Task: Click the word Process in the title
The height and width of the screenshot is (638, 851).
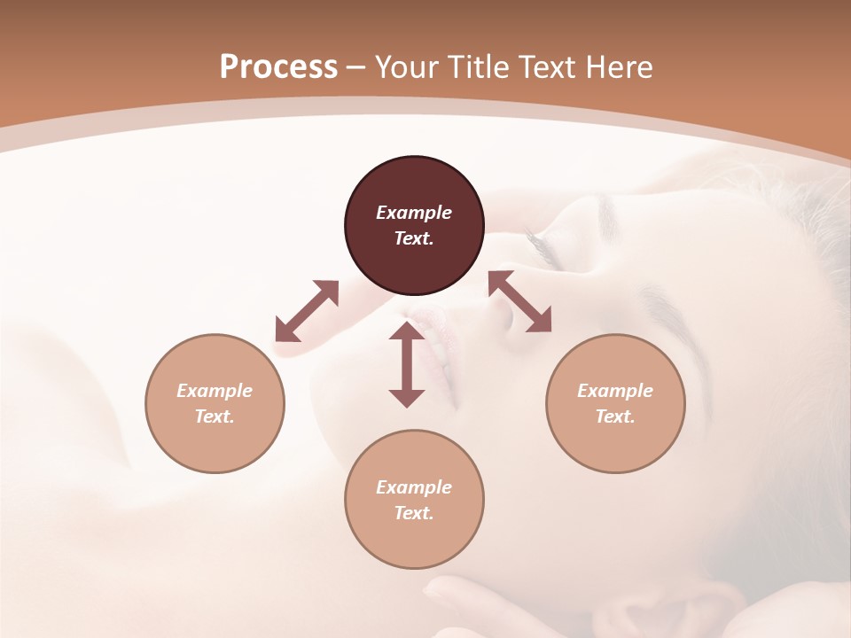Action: click(x=278, y=67)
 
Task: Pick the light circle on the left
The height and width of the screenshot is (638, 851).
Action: click(x=215, y=403)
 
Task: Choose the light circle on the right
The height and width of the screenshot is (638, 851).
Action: click(x=615, y=403)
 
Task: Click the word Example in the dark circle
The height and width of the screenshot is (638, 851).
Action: click(x=414, y=213)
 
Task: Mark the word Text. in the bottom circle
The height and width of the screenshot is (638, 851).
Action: click(x=414, y=513)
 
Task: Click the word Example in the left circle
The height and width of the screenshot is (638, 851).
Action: click(x=215, y=391)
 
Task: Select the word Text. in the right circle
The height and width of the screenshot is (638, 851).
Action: click(x=615, y=416)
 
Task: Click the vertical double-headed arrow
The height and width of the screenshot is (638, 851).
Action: click(x=407, y=364)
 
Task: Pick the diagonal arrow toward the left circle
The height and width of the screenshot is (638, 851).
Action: click(x=307, y=311)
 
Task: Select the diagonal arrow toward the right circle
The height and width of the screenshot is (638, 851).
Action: click(x=520, y=302)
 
